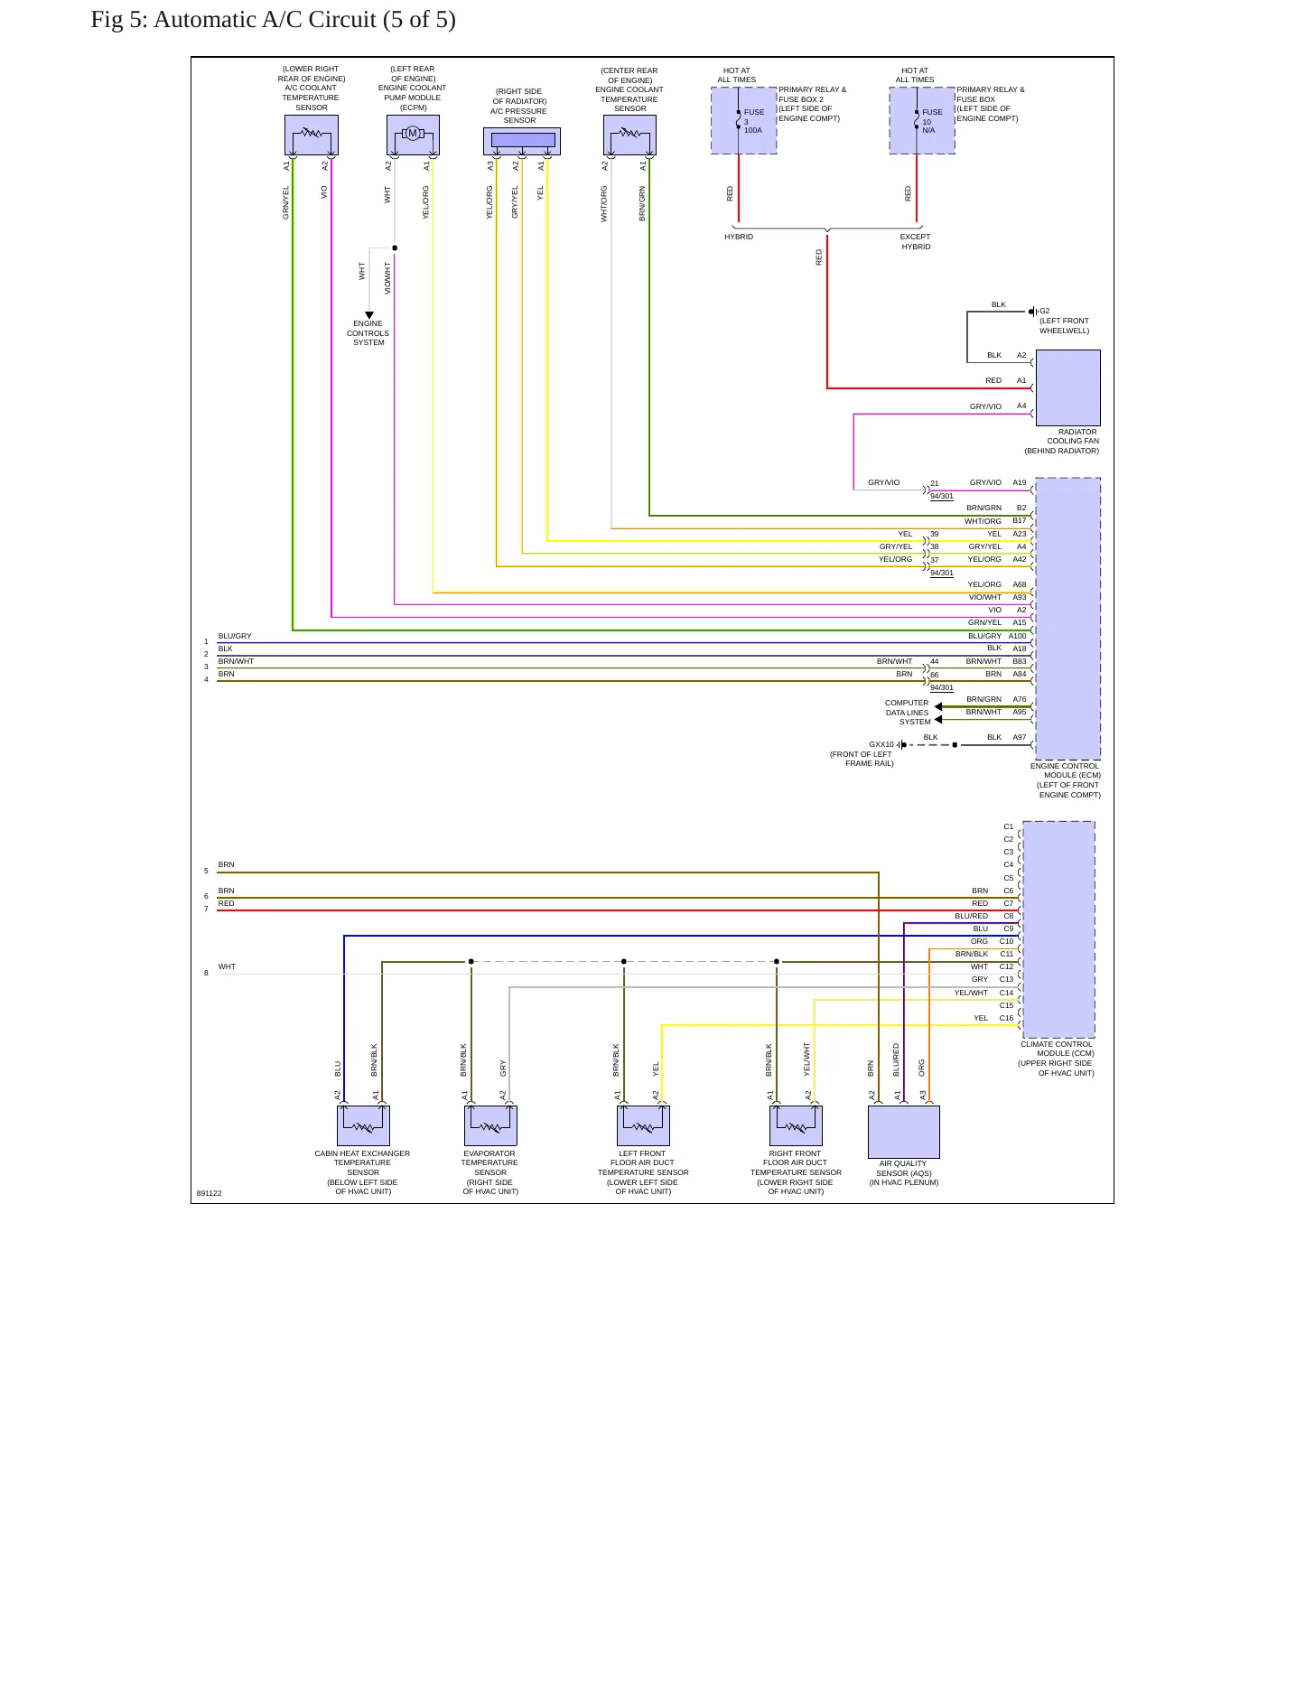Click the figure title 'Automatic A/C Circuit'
(x=265, y=20)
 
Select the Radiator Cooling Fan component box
(x=1067, y=387)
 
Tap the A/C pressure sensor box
(x=522, y=141)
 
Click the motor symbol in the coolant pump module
(x=413, y=134)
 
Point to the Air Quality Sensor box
(x=903, y=1132)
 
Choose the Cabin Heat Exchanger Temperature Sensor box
(x=363, y=1125)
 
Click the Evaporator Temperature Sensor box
(x=490, y=1125)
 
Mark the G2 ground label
(x=1045, y=311)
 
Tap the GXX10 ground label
(x=881, y=744)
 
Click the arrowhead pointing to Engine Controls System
(x=368, y=315)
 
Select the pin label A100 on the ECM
(x=1018, y=636)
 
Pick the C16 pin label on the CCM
(x=1006, y=1018)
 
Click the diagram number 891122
(x=209, y=1193)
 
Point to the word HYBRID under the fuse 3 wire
(x=739, y=237)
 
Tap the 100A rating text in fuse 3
(x=753, y=130)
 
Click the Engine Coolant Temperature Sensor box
(x=629, y=135)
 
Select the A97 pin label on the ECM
(x=1019, y=737)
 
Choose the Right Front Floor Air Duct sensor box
(x=796, y=1125)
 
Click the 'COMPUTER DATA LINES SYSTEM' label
(x=907, y=712)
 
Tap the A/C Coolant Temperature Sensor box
(x=312, y=135)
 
